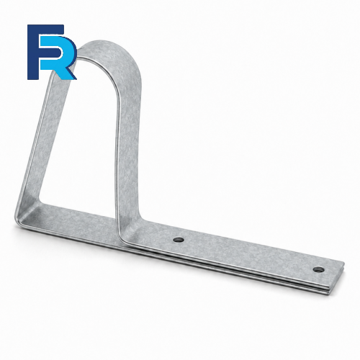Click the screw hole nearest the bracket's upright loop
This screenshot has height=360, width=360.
pyautogui.click(x=179, y=239)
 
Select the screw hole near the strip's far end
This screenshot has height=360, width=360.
pyautogui.click(x=318, y=269)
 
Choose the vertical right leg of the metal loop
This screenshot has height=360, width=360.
pyautogui.click(x=128, y=144)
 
